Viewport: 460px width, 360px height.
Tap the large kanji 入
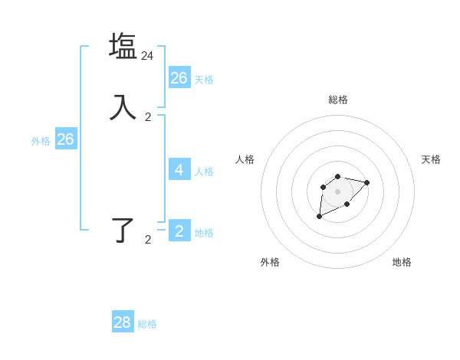pos(123,106)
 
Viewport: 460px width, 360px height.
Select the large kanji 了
pos(123,229)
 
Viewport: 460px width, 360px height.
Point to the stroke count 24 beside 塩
pos(147,56)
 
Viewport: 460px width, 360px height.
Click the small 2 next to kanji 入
pos(148,117)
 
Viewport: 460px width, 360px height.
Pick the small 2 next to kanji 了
pos(148,240)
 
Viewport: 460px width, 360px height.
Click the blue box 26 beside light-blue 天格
pos(179,77)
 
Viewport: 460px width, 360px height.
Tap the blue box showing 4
pos(179,169)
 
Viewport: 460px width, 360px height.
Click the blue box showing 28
pos(122,322)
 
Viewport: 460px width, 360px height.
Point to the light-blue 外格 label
pos(41,141)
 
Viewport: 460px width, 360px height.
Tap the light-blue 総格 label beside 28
pos(147,324)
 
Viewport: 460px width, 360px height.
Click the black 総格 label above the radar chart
pos(337,100)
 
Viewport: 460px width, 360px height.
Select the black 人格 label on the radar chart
pos(245,159)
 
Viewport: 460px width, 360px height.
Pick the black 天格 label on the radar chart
pos(431,159)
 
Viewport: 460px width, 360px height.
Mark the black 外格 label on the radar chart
pos(270,262)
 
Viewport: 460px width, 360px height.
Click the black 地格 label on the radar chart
pos(402,262)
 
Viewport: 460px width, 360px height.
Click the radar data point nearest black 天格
pos(366,182)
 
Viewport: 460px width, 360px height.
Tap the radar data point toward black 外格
pos(319,217)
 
